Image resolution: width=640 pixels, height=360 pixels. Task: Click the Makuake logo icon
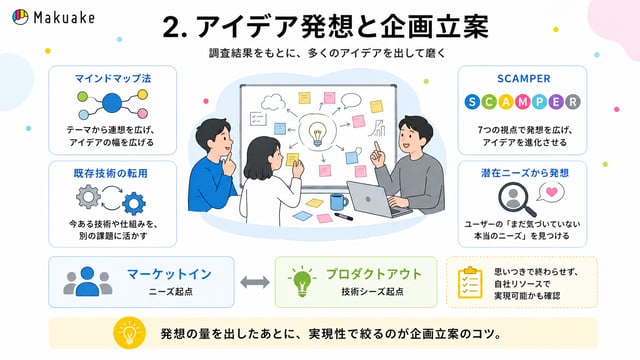pyautogui.click(x=20, y=17)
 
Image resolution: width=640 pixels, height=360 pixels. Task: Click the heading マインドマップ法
pyautogui.click(x=113, y=78)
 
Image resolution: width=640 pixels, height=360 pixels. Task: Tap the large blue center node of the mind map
pyautogui.click(x=112, y=103)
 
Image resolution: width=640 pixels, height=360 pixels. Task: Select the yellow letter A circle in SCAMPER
pyautogui.click(x=506, y=102)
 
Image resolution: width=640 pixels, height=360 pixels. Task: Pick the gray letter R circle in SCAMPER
pyautogui.click(x=573, y=102)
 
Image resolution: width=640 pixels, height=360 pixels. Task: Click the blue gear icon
pyautogui.click(x=133, y=204)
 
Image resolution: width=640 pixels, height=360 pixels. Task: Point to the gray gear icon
pyautogui.click(x=88, y=197)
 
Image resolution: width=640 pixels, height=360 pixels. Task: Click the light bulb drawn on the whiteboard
pyautogui.click(x=317, y=134)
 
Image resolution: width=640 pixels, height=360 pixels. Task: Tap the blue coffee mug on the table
pyautogui.click(x=339, y=202)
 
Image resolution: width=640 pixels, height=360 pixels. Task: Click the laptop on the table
pyautogui.click(x=376, y=200)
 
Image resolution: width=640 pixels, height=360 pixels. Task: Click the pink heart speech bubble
pyautogui.click(x=551, y=192)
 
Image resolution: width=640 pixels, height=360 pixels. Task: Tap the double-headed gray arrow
pyautogui.click(x=255, y=282)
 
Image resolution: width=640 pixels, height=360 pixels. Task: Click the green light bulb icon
pyautogui.click(x=302, y=281)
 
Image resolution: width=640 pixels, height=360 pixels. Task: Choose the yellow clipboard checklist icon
pyautogui.click(x=470, y=282)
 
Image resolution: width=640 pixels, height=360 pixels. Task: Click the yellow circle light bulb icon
pyautogui.click(x=129, y=333)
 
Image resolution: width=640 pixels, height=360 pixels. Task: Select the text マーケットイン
pyautogui.click(x=169, y=274)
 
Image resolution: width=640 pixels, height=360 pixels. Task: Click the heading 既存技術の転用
pyautogui.click(x=111, y=173)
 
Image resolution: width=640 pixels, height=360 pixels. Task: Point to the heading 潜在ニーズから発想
pyautogui.click(x=524, y=173)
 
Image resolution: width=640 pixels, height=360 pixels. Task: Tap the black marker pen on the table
pyautogui.click(x=344, y=216)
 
